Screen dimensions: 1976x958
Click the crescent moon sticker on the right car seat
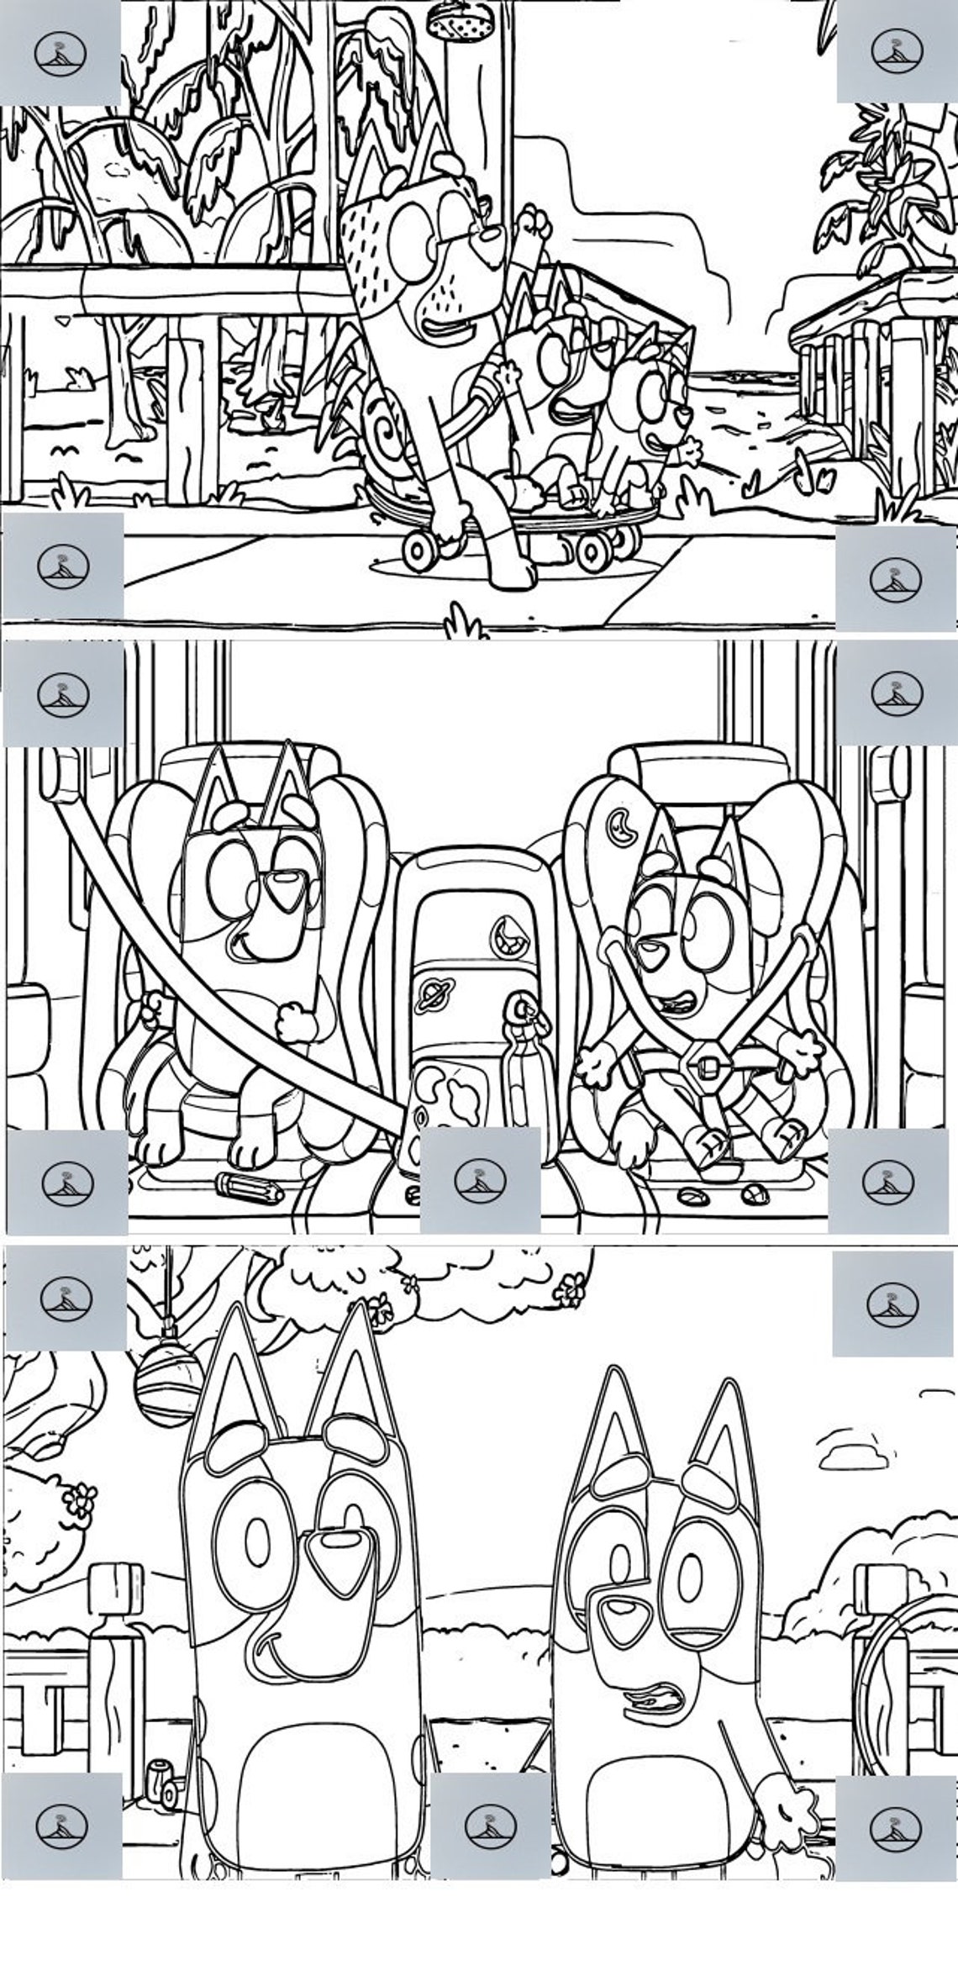(619, 820)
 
